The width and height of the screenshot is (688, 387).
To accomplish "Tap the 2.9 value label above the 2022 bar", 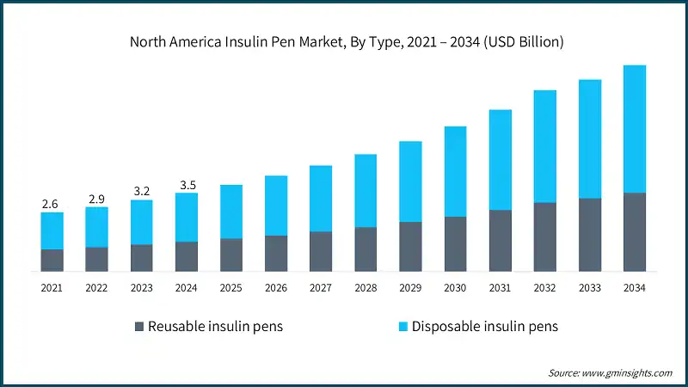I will point(96,198).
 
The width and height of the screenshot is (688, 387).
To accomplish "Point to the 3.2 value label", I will point(141,191).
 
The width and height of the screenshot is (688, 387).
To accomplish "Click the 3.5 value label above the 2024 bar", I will point(186,184).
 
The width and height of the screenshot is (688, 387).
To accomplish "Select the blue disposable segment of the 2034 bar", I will point(634,129).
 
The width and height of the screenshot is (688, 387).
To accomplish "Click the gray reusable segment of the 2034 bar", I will point(634,232).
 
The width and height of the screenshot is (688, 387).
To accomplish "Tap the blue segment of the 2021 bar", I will point(52,230).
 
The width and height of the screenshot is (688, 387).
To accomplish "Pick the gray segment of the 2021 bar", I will point(52,261).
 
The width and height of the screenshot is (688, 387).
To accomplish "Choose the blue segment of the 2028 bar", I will point(365,191).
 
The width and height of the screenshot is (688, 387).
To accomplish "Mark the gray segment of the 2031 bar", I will point(500,241).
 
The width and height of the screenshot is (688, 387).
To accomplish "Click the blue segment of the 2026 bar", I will point(276,206).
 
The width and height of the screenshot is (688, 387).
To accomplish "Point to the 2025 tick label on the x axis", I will point(231,288).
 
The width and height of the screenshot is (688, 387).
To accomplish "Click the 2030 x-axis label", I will point(455,288).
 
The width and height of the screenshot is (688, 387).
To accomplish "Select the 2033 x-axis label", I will point(589,288).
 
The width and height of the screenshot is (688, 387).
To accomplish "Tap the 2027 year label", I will point(321,288).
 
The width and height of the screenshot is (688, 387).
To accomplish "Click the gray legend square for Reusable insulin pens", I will point(139,327).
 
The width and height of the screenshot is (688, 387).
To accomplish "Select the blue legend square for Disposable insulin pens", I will point(402,327).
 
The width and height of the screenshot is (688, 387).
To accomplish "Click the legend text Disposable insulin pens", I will point(485,327).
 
